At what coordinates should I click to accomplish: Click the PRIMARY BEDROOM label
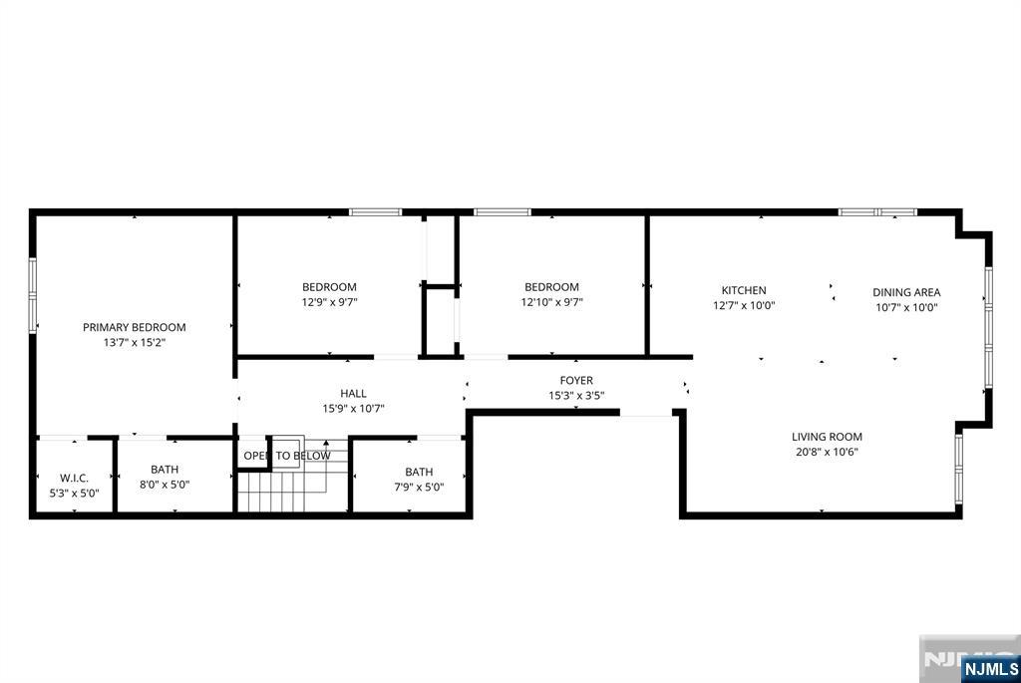[x=135, y=327]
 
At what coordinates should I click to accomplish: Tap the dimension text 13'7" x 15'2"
[x=135, y=342]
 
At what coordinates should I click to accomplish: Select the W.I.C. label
[x=74, y=478]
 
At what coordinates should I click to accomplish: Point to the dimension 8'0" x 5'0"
[x=165, y=485]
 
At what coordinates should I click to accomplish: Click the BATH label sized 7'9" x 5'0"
[x=419, y=472]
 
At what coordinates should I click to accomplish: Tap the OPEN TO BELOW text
[x=287, y=456]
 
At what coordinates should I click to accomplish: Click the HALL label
[x=353, y=393]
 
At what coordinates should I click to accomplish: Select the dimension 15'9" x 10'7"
[x=353, y=409]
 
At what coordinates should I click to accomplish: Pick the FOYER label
[x=576, y=380]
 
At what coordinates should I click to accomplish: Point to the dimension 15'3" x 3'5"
[x=576, y=395]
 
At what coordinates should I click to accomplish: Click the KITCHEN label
[x=744, y=290]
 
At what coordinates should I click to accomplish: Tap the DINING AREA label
[x=906, y=292]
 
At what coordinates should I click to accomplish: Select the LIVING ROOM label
[x=827, y=437]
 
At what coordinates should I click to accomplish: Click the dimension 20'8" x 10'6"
[x=827, y=452]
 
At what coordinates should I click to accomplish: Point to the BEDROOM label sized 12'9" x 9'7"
[x=329, y=287]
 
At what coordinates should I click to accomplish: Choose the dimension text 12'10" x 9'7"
[x=551, y=302]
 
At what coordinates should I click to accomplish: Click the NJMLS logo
[x=990, y=669]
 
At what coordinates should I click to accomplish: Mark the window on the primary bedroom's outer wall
[x=33, y=295]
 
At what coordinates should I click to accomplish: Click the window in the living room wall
[x=958, y=469]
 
